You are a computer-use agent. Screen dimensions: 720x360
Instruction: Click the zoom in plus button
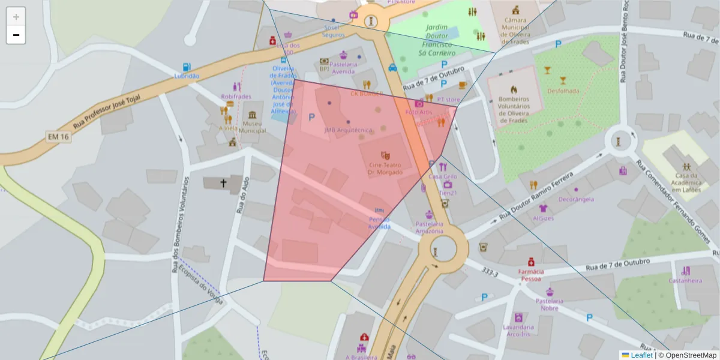[x=16, y=16]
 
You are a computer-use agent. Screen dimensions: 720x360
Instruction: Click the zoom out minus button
[x=16, y=35]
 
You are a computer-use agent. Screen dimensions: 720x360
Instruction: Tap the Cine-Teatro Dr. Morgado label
[x=385, y=168]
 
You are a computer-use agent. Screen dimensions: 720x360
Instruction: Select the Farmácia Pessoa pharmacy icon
[x=531, y=262]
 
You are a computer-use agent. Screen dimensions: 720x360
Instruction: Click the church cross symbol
[x=224, y=183]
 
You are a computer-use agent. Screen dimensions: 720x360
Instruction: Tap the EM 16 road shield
[x=58, y=137]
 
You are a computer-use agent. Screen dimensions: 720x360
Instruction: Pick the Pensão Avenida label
[x=380, y=223]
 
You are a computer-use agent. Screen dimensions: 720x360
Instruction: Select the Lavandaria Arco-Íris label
[x=519, y=331]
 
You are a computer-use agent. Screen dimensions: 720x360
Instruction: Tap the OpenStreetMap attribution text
[x=687, y=355]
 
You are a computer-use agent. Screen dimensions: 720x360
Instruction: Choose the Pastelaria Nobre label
[x=550, y=304]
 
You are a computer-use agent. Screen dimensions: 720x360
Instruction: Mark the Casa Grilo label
[x=443, y=176]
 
